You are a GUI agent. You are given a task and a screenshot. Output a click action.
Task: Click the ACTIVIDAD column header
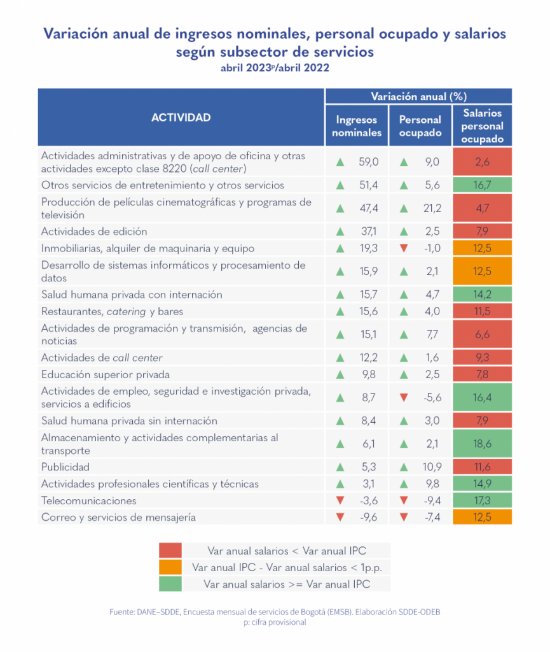[x=181, y=117]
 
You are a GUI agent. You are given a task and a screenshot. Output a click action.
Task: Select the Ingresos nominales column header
[x=357, y=126]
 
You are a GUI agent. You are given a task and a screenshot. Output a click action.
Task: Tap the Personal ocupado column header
[x=420, y=126]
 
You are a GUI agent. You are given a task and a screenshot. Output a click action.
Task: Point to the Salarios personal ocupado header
[x=483, y=126]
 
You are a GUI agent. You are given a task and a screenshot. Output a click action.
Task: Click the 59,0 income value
[x=368, y=162]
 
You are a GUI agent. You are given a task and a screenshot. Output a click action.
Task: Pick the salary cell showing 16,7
[x=483, y=185]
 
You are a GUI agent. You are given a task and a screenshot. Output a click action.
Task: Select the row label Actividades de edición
[x=94, y=231]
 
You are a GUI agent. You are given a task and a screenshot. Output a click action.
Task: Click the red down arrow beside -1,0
[x=403, y=248]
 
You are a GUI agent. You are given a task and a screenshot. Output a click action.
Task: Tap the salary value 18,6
[x=483, y=444]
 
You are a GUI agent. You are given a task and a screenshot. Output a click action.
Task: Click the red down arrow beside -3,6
[x=340, y=501]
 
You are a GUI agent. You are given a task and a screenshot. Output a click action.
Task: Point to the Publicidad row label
[x=65, y=467]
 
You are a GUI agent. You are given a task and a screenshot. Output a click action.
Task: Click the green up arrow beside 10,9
[x=403, y=467]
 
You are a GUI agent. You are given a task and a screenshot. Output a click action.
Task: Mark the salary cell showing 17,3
[x=483, y=500]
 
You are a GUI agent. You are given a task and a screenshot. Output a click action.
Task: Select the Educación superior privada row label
[x=105, y=374]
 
